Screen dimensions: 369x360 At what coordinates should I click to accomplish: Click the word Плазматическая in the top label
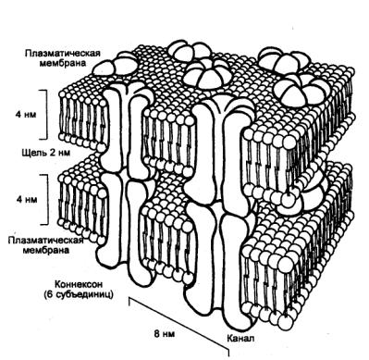tap(63, 53)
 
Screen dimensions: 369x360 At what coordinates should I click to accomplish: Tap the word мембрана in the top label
tap(64, 63)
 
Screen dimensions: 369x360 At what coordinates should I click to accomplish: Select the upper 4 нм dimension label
tap(27, 115)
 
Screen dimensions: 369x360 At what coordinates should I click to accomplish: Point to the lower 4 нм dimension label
tap(27, 200)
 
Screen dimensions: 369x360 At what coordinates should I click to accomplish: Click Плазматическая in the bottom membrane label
tap(45, 240)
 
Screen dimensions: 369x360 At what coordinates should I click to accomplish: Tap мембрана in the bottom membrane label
tap(46, 250)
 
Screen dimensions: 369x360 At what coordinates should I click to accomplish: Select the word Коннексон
tap(79, 284)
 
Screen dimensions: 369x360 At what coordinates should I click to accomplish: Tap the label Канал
tap(240, 338)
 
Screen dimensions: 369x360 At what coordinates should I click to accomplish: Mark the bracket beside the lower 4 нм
tap(47, 199)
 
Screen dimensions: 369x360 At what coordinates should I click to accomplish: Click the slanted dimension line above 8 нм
tap(178, 324)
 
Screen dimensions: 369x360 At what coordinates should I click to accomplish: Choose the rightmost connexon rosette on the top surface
tap(299, 91)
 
